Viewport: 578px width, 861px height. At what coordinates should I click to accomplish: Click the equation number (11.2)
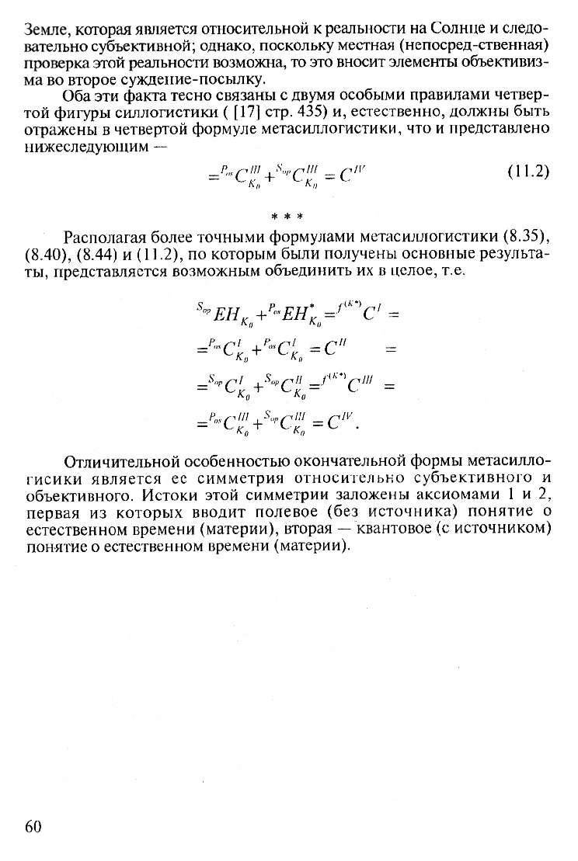tap(528, 172)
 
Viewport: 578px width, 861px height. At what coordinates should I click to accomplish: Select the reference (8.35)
tap(528, 236)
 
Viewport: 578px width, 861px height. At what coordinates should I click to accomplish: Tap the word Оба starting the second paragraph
tap(78, 95)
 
